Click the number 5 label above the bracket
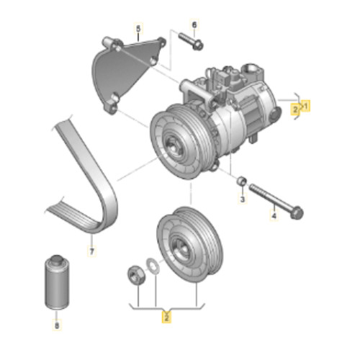(x=138, y=29)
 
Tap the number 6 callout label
(x=194, y=24)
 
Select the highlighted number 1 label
(x=305, y=106)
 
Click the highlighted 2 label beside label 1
(x=295, y=109)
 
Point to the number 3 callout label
(x=243, y=199)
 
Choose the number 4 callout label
(x=274, y=215)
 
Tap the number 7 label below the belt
(x=92, y=251)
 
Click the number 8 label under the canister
(x=57, y=325)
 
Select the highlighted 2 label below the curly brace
(x=167, y=318)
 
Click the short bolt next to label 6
(x=191, y=41)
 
